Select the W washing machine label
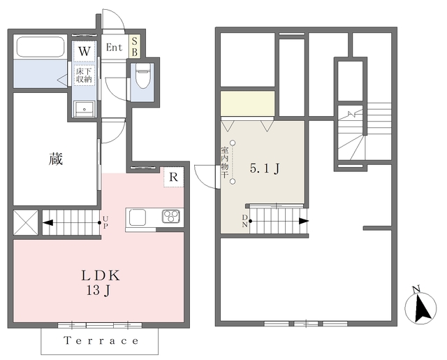85,52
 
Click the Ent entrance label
114,48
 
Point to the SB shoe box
135,47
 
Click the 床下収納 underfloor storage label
84,75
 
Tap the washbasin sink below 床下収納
84,108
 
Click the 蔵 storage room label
56,159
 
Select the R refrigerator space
174,177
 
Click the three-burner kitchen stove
171,216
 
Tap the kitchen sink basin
138,217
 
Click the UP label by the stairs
105,222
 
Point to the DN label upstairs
245,221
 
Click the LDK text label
101,275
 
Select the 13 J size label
98,291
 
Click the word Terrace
101,340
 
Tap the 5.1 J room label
265,168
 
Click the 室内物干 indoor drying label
225,163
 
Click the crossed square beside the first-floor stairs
26,222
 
